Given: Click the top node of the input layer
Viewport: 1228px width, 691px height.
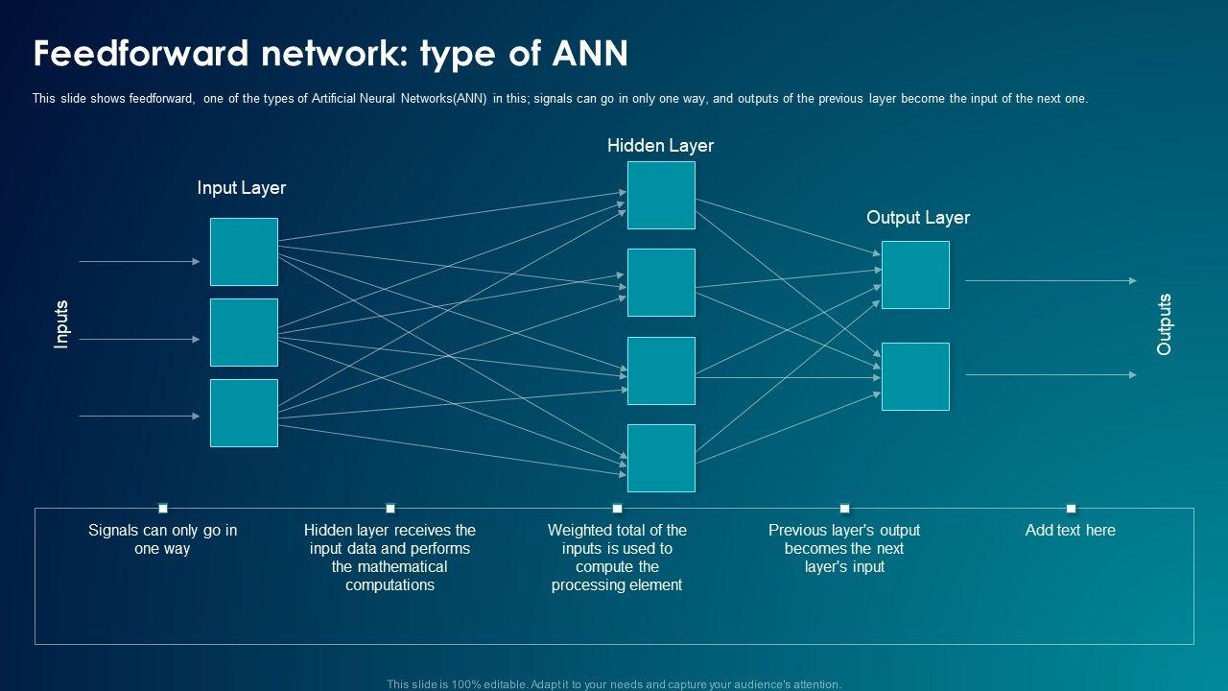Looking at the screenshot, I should tap(244, 251).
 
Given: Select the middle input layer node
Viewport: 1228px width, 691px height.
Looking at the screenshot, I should tap(244, 332).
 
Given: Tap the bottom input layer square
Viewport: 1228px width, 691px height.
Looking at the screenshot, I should tap(244, 413).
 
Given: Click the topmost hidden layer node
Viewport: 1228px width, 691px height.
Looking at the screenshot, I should tap(661, 195).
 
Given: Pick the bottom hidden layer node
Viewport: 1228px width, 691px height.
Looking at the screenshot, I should tap(661, 458).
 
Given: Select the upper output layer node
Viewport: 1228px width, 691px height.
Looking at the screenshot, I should tap(915, 274).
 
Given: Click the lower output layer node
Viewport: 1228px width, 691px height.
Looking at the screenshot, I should tap(915, 376).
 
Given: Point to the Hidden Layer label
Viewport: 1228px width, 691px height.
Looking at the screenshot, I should tap(660, 146).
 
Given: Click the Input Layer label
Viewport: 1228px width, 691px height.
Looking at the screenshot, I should tap(242, 188).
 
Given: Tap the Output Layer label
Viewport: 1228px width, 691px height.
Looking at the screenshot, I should tap(918, 218).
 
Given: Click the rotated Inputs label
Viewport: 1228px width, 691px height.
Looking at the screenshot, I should tap(61, 324).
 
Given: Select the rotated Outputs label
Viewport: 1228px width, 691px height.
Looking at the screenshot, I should tap(1165, 324).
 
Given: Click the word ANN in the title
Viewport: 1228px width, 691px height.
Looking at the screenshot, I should tap(590, 54).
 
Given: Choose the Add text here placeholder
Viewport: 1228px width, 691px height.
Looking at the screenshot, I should tap(1071, 530).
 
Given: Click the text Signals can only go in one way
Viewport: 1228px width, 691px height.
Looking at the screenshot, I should tap(163, 539).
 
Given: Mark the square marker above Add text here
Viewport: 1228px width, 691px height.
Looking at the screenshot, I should tap(1071, 509).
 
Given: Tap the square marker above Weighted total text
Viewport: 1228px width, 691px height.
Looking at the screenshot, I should tap(617, 509).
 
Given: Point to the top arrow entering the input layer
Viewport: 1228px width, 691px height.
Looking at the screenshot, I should tap(139, 261).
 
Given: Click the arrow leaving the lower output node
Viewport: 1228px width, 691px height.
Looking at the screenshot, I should tap(1051, 375).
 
